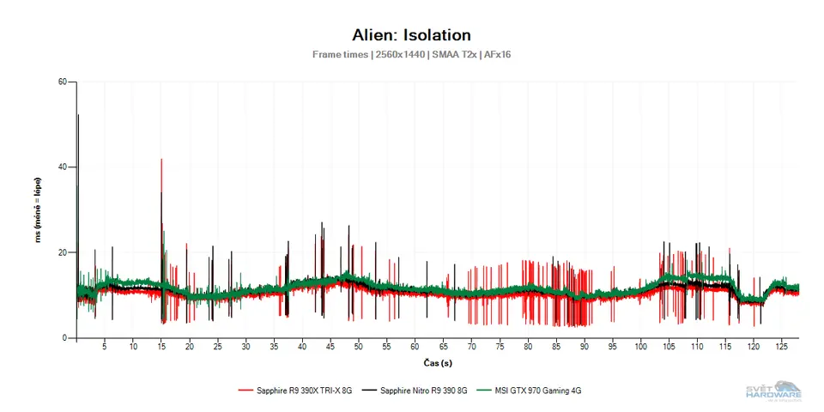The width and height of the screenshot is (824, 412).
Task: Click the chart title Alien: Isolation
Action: [411, 35]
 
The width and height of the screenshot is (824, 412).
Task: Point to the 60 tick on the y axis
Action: [63, 82]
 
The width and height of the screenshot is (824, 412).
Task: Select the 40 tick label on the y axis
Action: [63, 167]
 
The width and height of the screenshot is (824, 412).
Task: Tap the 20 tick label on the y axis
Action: [63, 252]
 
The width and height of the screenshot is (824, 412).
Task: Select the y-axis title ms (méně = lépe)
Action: [39, 210]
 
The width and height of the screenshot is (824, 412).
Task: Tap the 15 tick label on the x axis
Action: [161, 348]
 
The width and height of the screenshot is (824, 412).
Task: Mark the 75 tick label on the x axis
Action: [500, 348]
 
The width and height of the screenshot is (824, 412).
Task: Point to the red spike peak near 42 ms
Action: [161, 160]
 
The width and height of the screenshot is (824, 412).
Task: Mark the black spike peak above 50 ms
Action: [78, 115]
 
